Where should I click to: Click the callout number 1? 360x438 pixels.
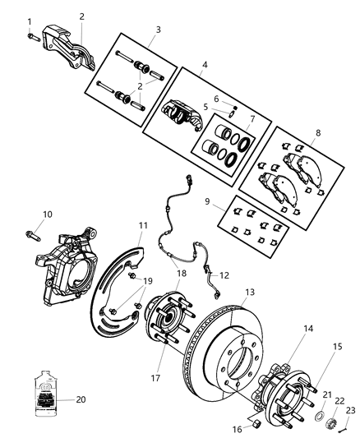[30, 21]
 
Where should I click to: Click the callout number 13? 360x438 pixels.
[250, 291]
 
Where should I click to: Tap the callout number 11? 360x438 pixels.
[143, 224]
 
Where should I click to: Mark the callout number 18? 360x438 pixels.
[181, 274]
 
